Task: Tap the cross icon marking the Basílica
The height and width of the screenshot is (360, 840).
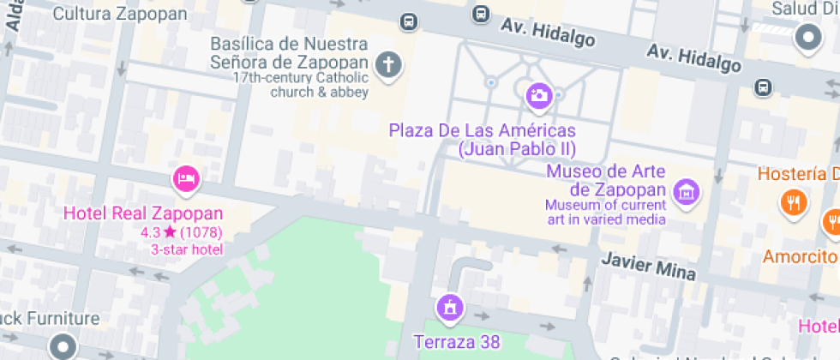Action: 389,64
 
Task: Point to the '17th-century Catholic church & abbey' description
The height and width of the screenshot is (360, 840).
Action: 301,85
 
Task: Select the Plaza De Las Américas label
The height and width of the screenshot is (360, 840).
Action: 482,140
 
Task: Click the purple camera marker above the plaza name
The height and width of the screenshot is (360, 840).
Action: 538,95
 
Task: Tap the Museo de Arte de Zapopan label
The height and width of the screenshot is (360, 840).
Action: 606,180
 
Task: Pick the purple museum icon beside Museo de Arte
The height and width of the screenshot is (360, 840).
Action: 686,191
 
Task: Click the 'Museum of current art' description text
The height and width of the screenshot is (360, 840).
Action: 606,212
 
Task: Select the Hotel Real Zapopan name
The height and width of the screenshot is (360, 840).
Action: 144,213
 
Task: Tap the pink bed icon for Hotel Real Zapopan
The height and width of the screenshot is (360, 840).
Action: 186,179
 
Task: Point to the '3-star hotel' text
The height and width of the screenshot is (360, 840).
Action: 187,249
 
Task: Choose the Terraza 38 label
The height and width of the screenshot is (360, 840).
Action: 457,342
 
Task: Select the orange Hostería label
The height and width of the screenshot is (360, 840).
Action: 798,173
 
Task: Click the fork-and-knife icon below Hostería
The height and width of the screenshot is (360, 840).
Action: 793,202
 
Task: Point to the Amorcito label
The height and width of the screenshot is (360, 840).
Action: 801,256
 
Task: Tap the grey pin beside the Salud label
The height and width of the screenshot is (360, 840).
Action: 807,37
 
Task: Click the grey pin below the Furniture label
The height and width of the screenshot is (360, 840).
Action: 63,347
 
